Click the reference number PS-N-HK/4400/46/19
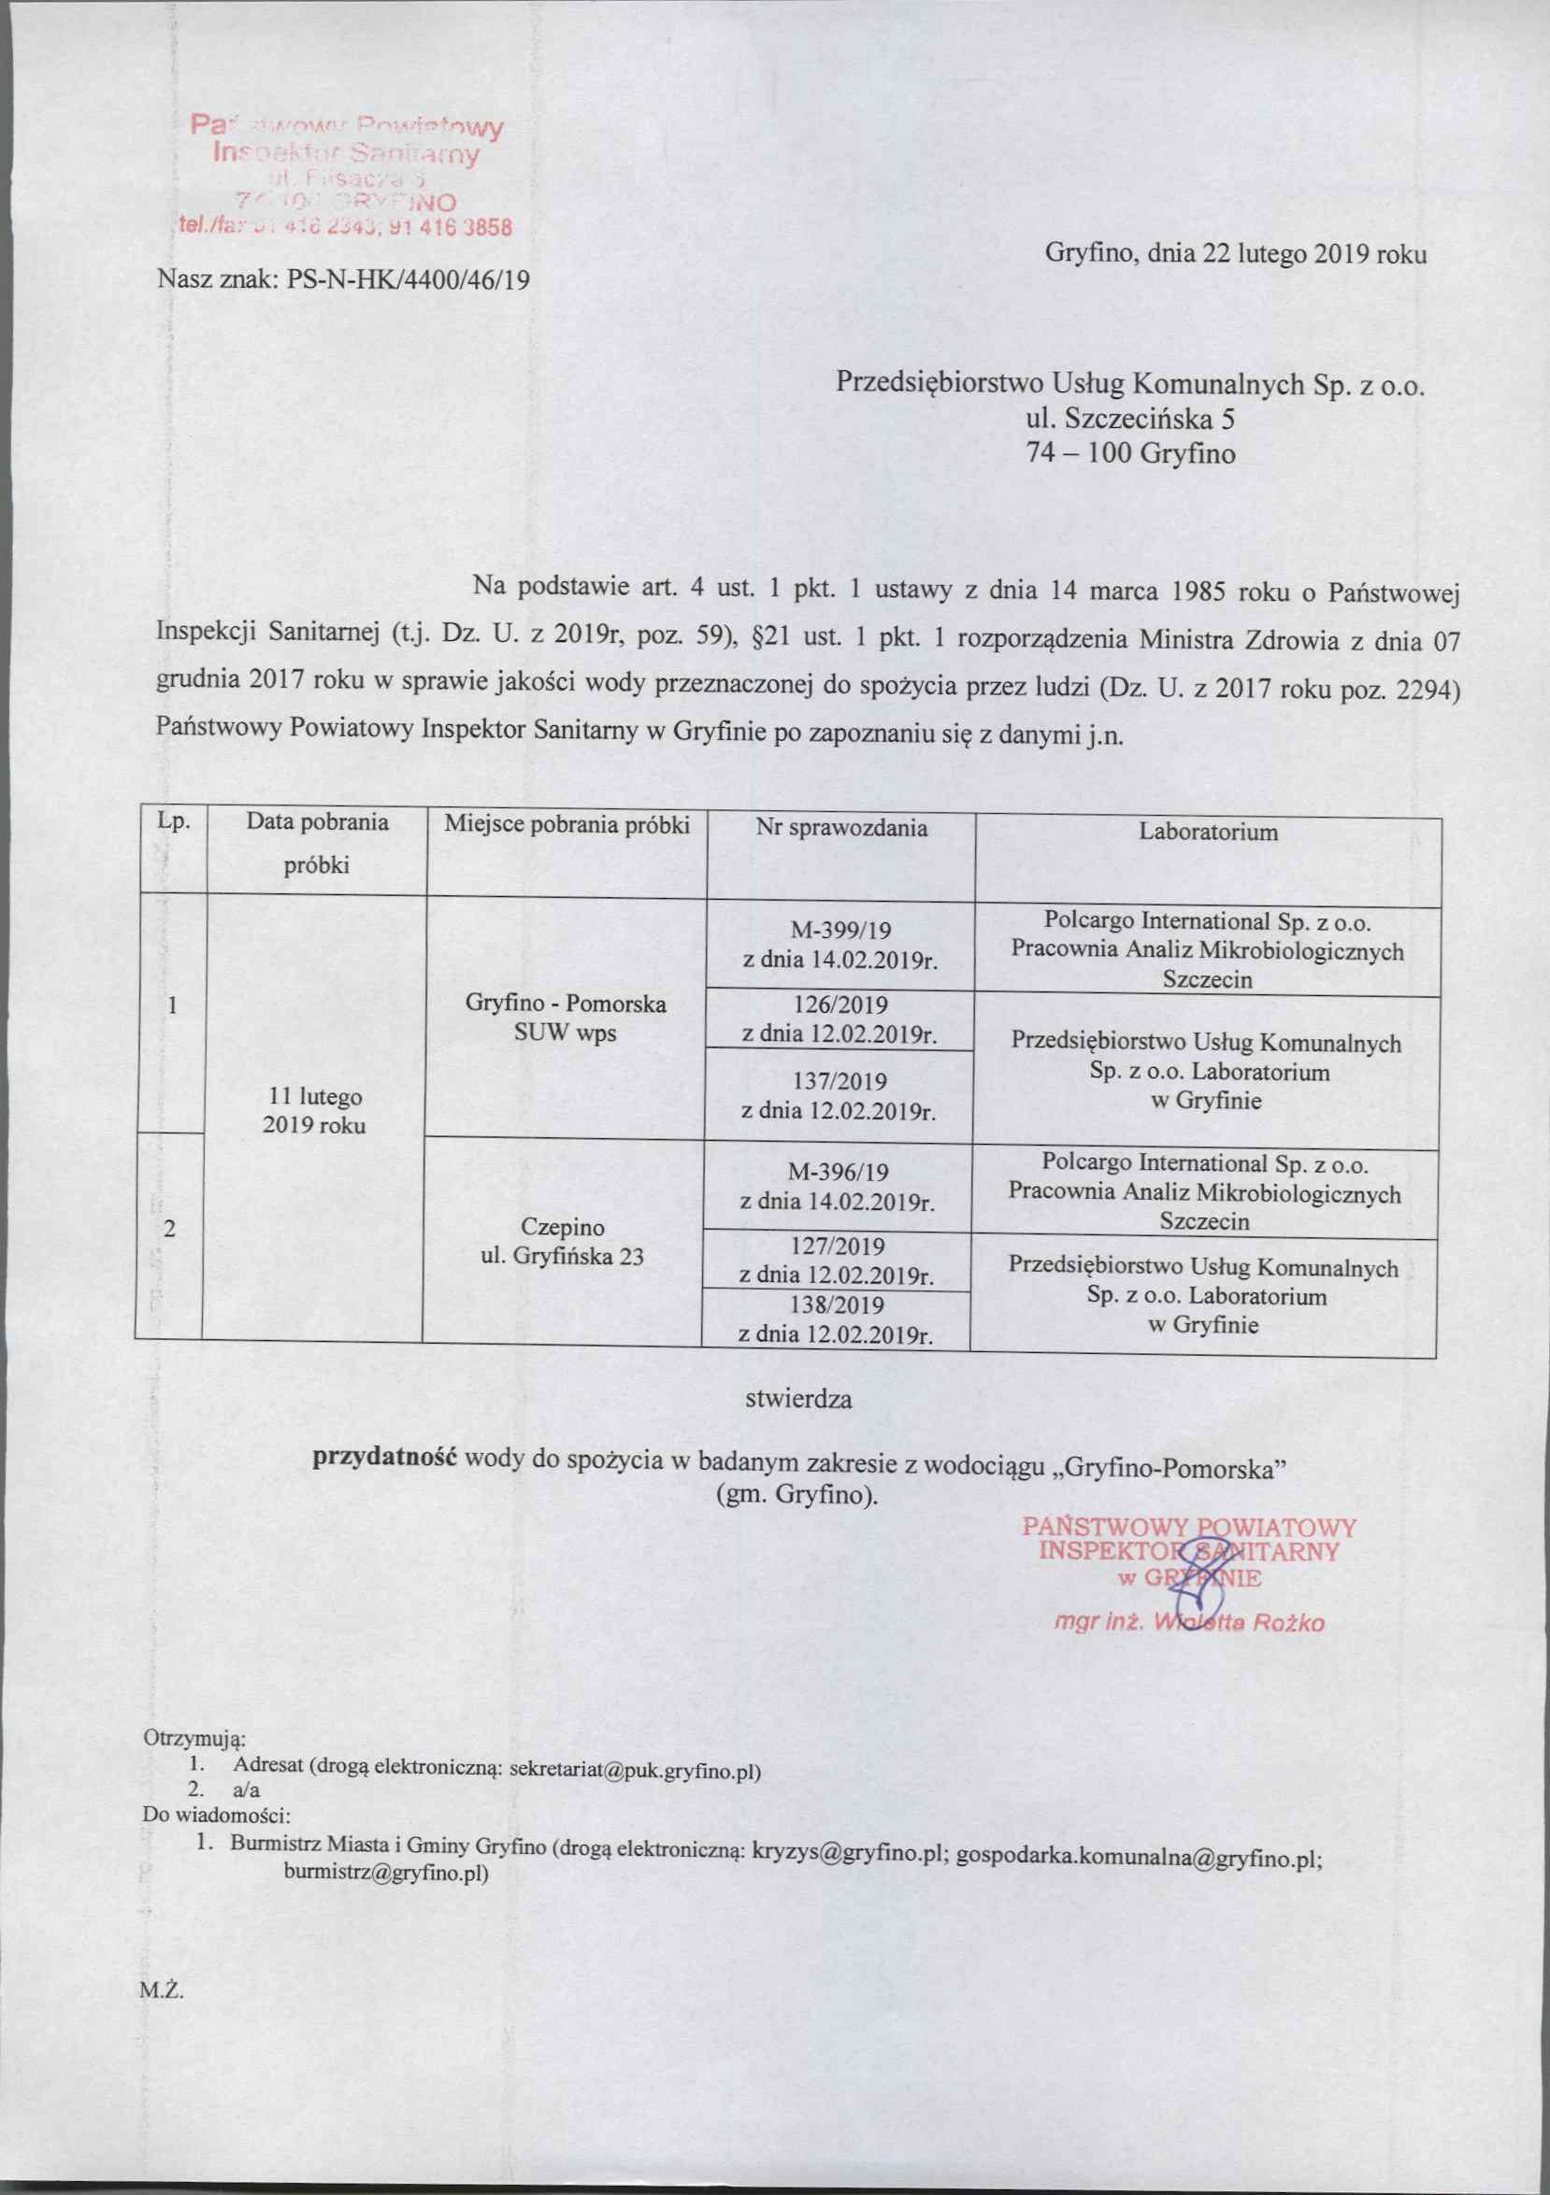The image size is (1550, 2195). (x=409, y=279)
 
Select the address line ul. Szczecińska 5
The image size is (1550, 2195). (x=1130, y=418)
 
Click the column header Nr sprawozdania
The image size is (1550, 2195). (x=840, y=828)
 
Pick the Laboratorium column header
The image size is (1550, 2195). (x=1208, y=832)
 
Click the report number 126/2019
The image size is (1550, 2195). (x=840, y=1005)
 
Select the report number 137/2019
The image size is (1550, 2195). (x=840, y=1080)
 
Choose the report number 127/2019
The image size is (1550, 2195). (x=839, y=1247)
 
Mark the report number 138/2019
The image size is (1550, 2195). (x=839, y=1305)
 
